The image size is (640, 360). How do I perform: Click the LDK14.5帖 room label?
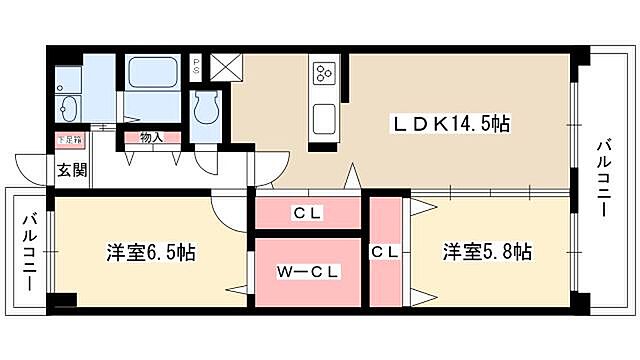[451, 125]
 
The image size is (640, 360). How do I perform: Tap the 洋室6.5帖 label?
[151, 252]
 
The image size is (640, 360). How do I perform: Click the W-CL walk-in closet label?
[307, 270]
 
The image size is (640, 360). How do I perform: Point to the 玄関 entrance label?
[70, 169]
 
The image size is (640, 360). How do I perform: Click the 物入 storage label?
[152, 138]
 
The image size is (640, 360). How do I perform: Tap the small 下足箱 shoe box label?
[69, 141]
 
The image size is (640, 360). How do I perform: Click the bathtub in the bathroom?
[152, 73]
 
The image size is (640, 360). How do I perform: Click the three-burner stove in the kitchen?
[324, 73]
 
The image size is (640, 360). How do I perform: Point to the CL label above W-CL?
[306, 212]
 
